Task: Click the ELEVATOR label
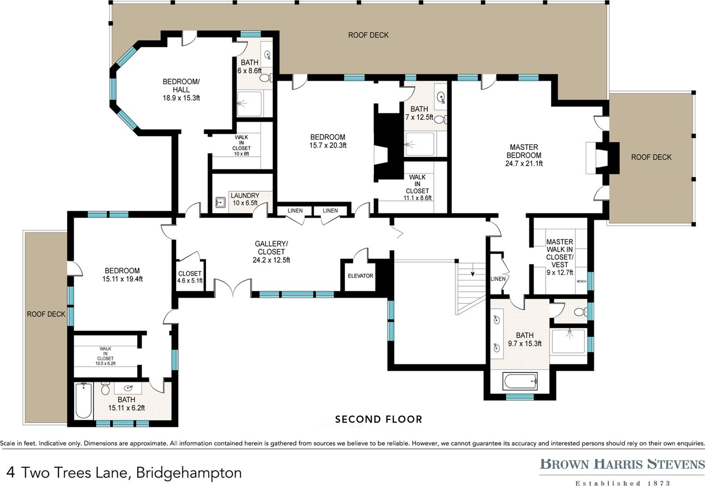pyautogui.click(x=361, y=276)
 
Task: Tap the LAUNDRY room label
pyautogui.click(x=245, y=196)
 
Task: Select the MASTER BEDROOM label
pyautogui.click(x=524, y=151)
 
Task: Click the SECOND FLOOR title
pyautogui.click(x=378, y=419)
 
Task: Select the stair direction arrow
pyautogui.click(x=472, y=273)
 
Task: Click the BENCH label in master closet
pyautogui.click(x=581, y=281)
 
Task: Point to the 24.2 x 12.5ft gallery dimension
pyautogui.click(x=271, y=260)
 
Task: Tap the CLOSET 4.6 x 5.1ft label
pyautogui.click(x=190, y=277)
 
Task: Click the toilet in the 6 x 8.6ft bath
pyautogui.click(x=266, y=77)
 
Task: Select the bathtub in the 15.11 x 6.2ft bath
pyautogui.click(x=84, y=400)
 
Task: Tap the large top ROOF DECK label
pyautogui.click(x=368, y=35)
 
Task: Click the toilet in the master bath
pyautogui.click(x=581, y=312)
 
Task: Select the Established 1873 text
pyautogui.click(x=623, y=483)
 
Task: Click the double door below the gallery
pyautogui.click(x=233, y=288)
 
